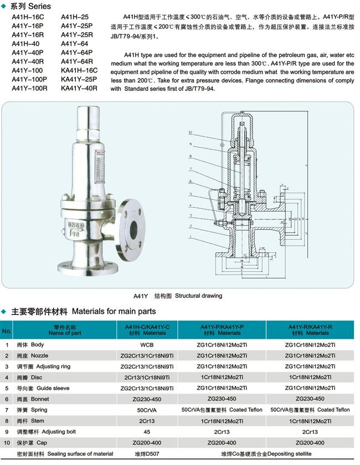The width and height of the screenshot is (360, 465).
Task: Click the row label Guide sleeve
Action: tap(50, 388)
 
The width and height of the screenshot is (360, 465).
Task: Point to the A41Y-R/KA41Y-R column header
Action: tap(310, 330)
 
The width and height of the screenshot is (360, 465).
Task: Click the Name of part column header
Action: tap(65, 330)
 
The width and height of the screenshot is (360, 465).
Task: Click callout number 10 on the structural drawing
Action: tap(190, 133)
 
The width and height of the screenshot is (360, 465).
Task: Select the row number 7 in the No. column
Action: tap(7, 410)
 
